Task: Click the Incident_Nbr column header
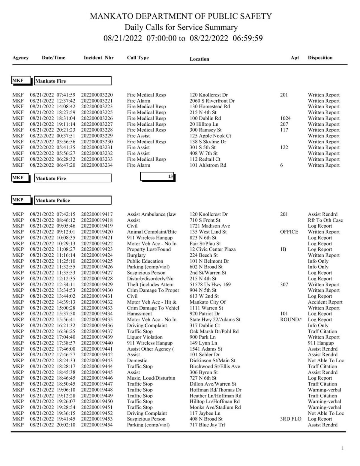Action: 98,58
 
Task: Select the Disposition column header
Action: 320,58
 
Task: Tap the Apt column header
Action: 295,58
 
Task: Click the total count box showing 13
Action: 157,177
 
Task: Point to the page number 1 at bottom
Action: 343,448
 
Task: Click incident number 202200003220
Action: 97,95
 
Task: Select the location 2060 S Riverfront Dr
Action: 212,101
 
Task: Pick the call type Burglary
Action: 136,255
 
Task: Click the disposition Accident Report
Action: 325,302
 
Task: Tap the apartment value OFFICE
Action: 289,232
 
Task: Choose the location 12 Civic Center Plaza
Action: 212,249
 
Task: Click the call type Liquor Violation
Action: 145,337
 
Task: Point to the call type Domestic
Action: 137,360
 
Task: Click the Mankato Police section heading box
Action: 73,200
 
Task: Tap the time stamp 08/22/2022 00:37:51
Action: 52,136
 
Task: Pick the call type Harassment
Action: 139,314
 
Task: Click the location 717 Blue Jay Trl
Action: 207,425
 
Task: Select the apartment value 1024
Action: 285,118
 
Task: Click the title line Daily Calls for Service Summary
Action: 181,27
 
